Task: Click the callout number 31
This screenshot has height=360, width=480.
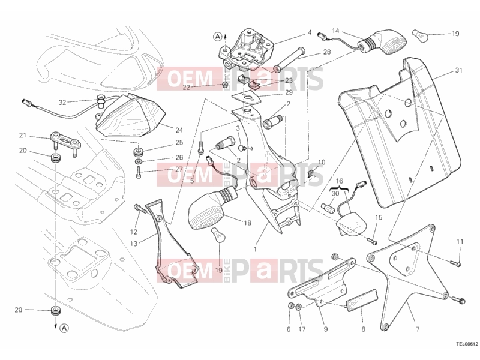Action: point(458,70)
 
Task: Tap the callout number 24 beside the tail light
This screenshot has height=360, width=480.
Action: point(179,130)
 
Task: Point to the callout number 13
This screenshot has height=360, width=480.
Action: point(133,244)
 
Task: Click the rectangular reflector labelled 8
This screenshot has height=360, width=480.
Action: point(362,301)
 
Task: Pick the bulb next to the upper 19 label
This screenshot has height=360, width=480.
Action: point(419,35)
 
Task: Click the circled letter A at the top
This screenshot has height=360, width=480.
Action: point(217,37)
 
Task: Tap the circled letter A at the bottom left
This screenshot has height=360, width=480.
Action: point(64,328)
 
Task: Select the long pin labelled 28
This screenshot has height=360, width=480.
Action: point(289,59)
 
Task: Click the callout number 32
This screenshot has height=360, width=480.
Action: point(62,102)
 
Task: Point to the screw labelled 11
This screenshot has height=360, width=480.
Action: point(455,262)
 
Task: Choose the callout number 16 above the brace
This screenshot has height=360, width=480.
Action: point(340,181)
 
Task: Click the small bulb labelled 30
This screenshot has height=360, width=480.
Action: point(327,206)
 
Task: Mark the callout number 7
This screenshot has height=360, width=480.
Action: point(418,329)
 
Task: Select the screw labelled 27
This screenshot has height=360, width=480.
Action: point(138,173)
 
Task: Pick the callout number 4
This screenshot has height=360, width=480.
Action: point(310,32)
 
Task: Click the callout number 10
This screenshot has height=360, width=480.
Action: point(322,162)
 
